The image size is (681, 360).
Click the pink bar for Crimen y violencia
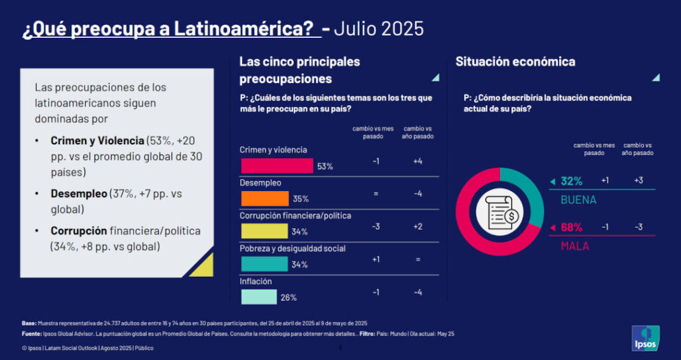pyautogui.click(x=276, y=166)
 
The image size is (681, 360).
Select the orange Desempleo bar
pyautogui.click(x=264, y=198)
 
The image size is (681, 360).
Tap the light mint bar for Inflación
pyautogui.click(x=258, y=297)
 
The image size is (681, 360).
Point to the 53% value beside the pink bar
pyautogui.click(x=325, y=166)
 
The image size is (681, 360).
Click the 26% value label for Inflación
pyautogui.click(x=289, y=297)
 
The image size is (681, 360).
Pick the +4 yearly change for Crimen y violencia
pyautogui.click(x=418, y=162)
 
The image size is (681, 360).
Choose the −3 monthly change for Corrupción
pyautogui.click(x=376, y=227)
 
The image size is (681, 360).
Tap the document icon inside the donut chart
pyautogui.click(x=501, y=212)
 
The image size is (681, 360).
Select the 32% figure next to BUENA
pyautogui.click(x=571, y=181)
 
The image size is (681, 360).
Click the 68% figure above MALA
pyautogui.click(x=571, y=227)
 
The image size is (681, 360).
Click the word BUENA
pyautogui.click(x=579, y=200)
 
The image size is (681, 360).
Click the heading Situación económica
pyautogui.click(x=515, y=62)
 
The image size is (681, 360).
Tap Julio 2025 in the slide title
pyautogui.click(x=378, y=29)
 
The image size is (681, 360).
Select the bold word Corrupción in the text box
pyautogui.click(x=78, y=231)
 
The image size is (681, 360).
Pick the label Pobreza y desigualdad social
pyautogui.click(x=293, y=248)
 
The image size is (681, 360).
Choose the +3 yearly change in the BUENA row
pyautogui.click(x=638, y=181)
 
